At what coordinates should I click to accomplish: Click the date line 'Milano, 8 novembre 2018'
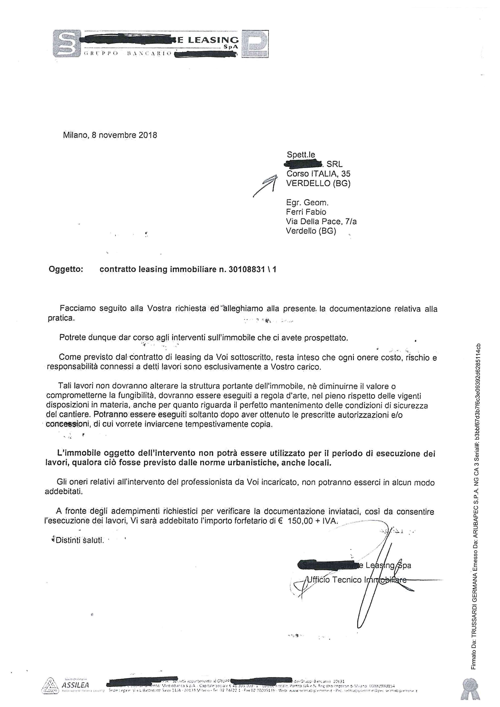tap(110, 135)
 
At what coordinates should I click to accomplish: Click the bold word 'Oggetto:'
tap(66, 270)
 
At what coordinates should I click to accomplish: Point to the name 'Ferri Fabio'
tap(306, 212)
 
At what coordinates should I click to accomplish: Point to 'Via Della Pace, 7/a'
tap(321, 221)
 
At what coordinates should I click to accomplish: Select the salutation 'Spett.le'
tap(301, 155)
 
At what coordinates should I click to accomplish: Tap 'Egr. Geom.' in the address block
tap(307, 202)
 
